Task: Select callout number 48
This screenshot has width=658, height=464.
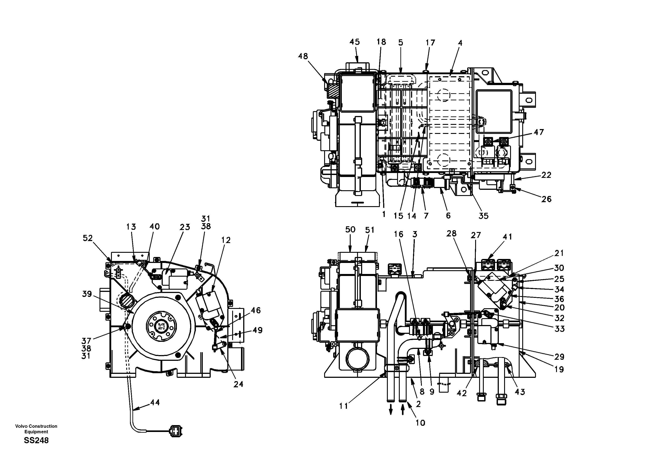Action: [303, 56]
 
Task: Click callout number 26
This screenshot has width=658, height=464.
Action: [546, 199]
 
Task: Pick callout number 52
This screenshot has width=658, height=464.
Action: [88, 238]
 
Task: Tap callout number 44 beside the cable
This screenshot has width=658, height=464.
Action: [155, 402]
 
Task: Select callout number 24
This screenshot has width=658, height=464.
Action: [238, 384]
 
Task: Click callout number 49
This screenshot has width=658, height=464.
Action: [257, 330]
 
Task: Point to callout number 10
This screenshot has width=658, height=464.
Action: [420, 423]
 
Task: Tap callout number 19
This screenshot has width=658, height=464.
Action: [559, 369]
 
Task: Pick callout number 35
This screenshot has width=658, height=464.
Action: [484, 216]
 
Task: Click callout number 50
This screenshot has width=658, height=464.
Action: [350, 229]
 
